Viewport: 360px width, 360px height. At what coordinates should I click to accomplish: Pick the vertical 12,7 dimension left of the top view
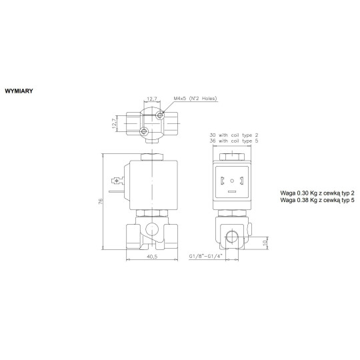pos(115,122)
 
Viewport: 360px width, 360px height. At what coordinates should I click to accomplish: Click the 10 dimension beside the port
pos(265,242)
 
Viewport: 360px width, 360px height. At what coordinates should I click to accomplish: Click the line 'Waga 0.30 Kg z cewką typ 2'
pos(317,192)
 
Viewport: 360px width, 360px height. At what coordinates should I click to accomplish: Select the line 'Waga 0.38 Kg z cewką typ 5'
pos(317,199)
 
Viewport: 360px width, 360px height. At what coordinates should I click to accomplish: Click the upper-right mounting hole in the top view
pos(159,116)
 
